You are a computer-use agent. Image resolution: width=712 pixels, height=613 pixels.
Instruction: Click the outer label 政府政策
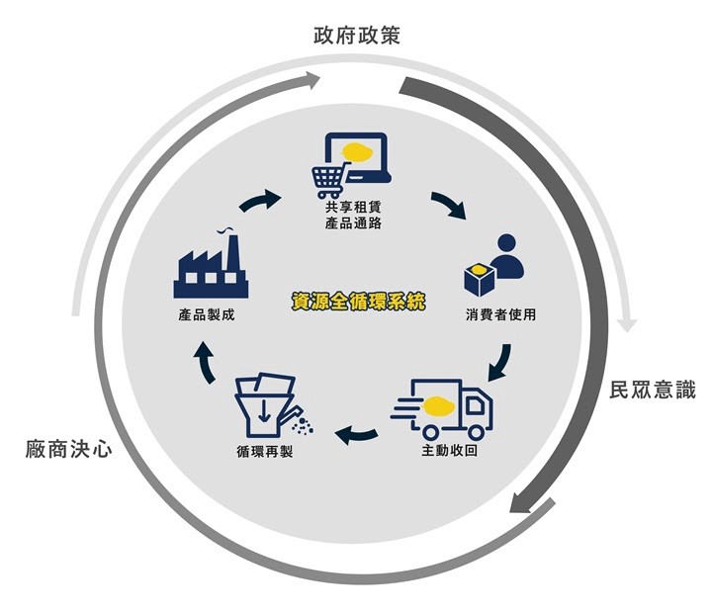click(x=357, y=36)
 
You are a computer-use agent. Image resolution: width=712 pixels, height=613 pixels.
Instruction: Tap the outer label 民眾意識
click(x=653, y=391)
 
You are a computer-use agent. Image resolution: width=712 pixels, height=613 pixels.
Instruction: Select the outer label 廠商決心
click(x=68, y=449)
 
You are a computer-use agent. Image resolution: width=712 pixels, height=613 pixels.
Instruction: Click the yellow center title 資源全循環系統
click(x=358, y=302)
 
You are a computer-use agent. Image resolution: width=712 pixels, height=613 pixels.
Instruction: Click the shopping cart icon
click(x=330, y=180)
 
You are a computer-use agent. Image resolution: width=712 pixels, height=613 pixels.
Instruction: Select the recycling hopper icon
click(x=273, y=405)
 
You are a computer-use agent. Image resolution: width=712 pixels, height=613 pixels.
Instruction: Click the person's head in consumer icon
click(x=506, y=243)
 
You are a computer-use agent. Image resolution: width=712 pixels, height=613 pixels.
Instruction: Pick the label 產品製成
click(x=207, y=314)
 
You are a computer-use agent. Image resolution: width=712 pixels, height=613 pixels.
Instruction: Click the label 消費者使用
click(x=500, y=314)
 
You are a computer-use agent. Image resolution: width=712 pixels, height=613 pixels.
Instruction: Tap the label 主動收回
click(x=450, y=451)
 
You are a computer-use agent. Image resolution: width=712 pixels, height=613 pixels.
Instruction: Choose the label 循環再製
click(x=265, y=452)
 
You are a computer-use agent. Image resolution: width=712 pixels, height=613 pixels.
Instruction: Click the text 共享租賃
click(x=353, y=207)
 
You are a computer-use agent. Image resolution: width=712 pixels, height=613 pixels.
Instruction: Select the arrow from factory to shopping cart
click(x=260, y=201)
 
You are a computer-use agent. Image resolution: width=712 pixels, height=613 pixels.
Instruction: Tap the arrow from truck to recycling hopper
click(x=356, y=436)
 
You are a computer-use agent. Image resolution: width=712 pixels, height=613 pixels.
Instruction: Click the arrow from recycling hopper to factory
click(x=206, y=362)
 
